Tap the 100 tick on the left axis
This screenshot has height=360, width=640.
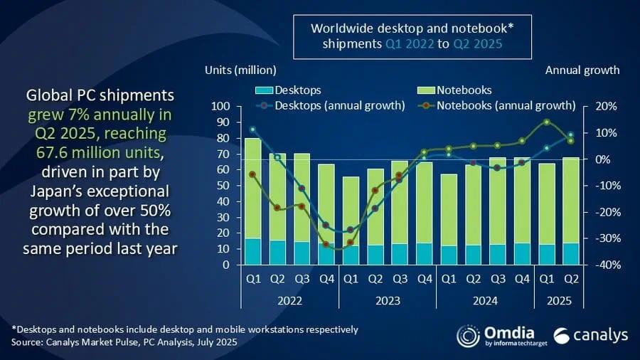click(x=219, y=106)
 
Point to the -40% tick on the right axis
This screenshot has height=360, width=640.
click(x=599, y=265)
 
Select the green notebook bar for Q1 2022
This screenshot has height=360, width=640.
click(x=252, y=188)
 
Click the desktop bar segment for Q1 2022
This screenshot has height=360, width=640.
click(x=252, y=251)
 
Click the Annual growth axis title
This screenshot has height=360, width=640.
click(x=582, y=70)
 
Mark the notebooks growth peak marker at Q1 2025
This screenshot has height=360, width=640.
click(x=546, y=122)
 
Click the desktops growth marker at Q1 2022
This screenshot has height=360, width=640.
click(x=252, y=129)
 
